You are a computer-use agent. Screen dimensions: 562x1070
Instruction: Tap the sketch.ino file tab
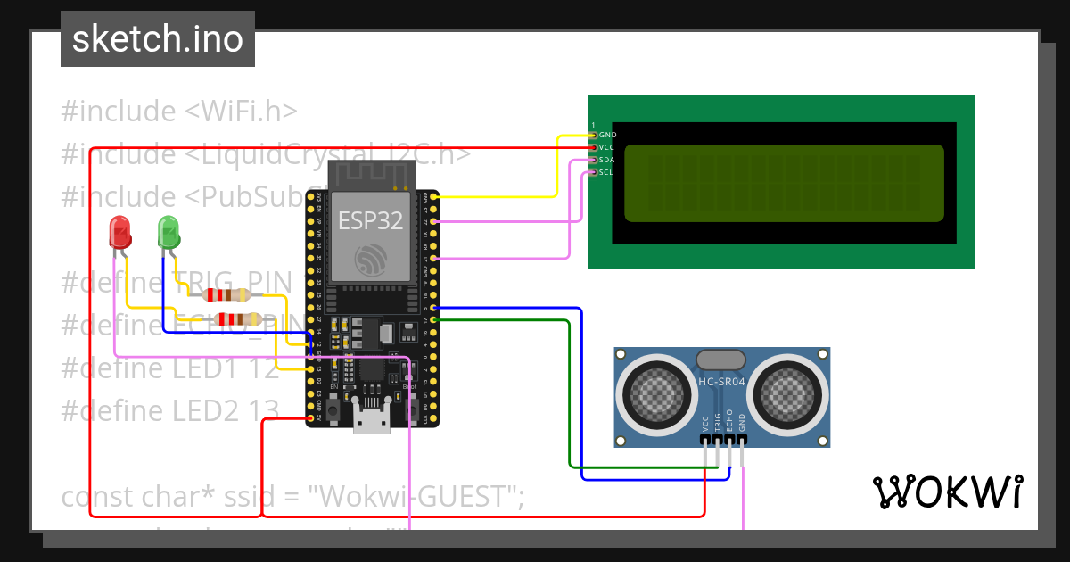coord(158,39)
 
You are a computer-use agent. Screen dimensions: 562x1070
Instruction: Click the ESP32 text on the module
coord(369,220)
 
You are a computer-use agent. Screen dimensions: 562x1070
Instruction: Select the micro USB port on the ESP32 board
coord(372,418)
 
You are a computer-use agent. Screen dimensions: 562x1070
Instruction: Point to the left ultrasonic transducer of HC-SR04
coord(658,390)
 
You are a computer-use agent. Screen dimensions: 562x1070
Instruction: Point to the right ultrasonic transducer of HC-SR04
coord(789,390)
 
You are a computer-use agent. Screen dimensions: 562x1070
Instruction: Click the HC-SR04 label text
coord(723,382)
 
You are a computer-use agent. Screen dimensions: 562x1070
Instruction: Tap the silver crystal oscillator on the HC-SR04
coord(720,360)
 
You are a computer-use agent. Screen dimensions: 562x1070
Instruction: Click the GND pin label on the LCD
coord(607,135)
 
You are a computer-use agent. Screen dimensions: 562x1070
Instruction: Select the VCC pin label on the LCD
coord(607,147)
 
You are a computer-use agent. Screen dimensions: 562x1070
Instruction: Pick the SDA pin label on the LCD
coord(607,160)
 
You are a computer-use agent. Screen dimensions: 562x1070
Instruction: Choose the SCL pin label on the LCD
coord(607,172)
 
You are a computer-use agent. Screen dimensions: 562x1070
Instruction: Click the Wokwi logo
coord(947,492)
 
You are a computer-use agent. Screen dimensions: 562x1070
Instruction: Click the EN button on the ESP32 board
coord(333,411)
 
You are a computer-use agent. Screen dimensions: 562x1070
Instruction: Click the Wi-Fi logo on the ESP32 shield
coord(369,261)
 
